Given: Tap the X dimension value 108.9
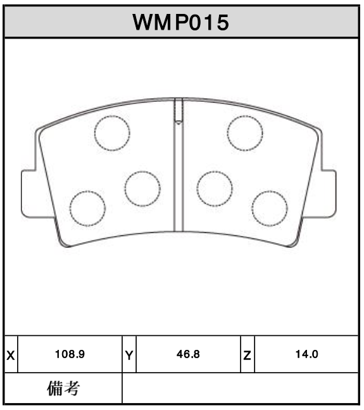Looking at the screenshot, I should click(71, 354).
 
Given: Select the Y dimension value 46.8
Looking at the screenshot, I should click(188, 354).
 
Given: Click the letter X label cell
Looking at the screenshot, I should click(10, 355).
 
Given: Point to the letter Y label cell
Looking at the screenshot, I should click(129, 355).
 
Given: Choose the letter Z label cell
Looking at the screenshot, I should click(247, 355).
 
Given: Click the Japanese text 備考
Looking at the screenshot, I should click(63, 388).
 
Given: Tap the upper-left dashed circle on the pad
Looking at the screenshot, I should click(112, 133).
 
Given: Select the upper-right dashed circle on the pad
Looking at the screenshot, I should click(245, 133).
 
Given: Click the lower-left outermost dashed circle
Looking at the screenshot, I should click(87, 208).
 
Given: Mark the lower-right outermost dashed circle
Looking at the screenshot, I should click(270, 208).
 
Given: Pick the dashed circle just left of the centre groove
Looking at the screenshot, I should click(142, 189).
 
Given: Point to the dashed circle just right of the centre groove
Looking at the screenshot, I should click(215, 189).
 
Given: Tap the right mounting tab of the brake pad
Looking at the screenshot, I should click(329, 194).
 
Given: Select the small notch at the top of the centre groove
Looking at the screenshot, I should click(179, 111).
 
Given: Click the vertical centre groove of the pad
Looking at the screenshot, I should click(179, 177).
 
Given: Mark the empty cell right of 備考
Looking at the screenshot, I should click(241, 388).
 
